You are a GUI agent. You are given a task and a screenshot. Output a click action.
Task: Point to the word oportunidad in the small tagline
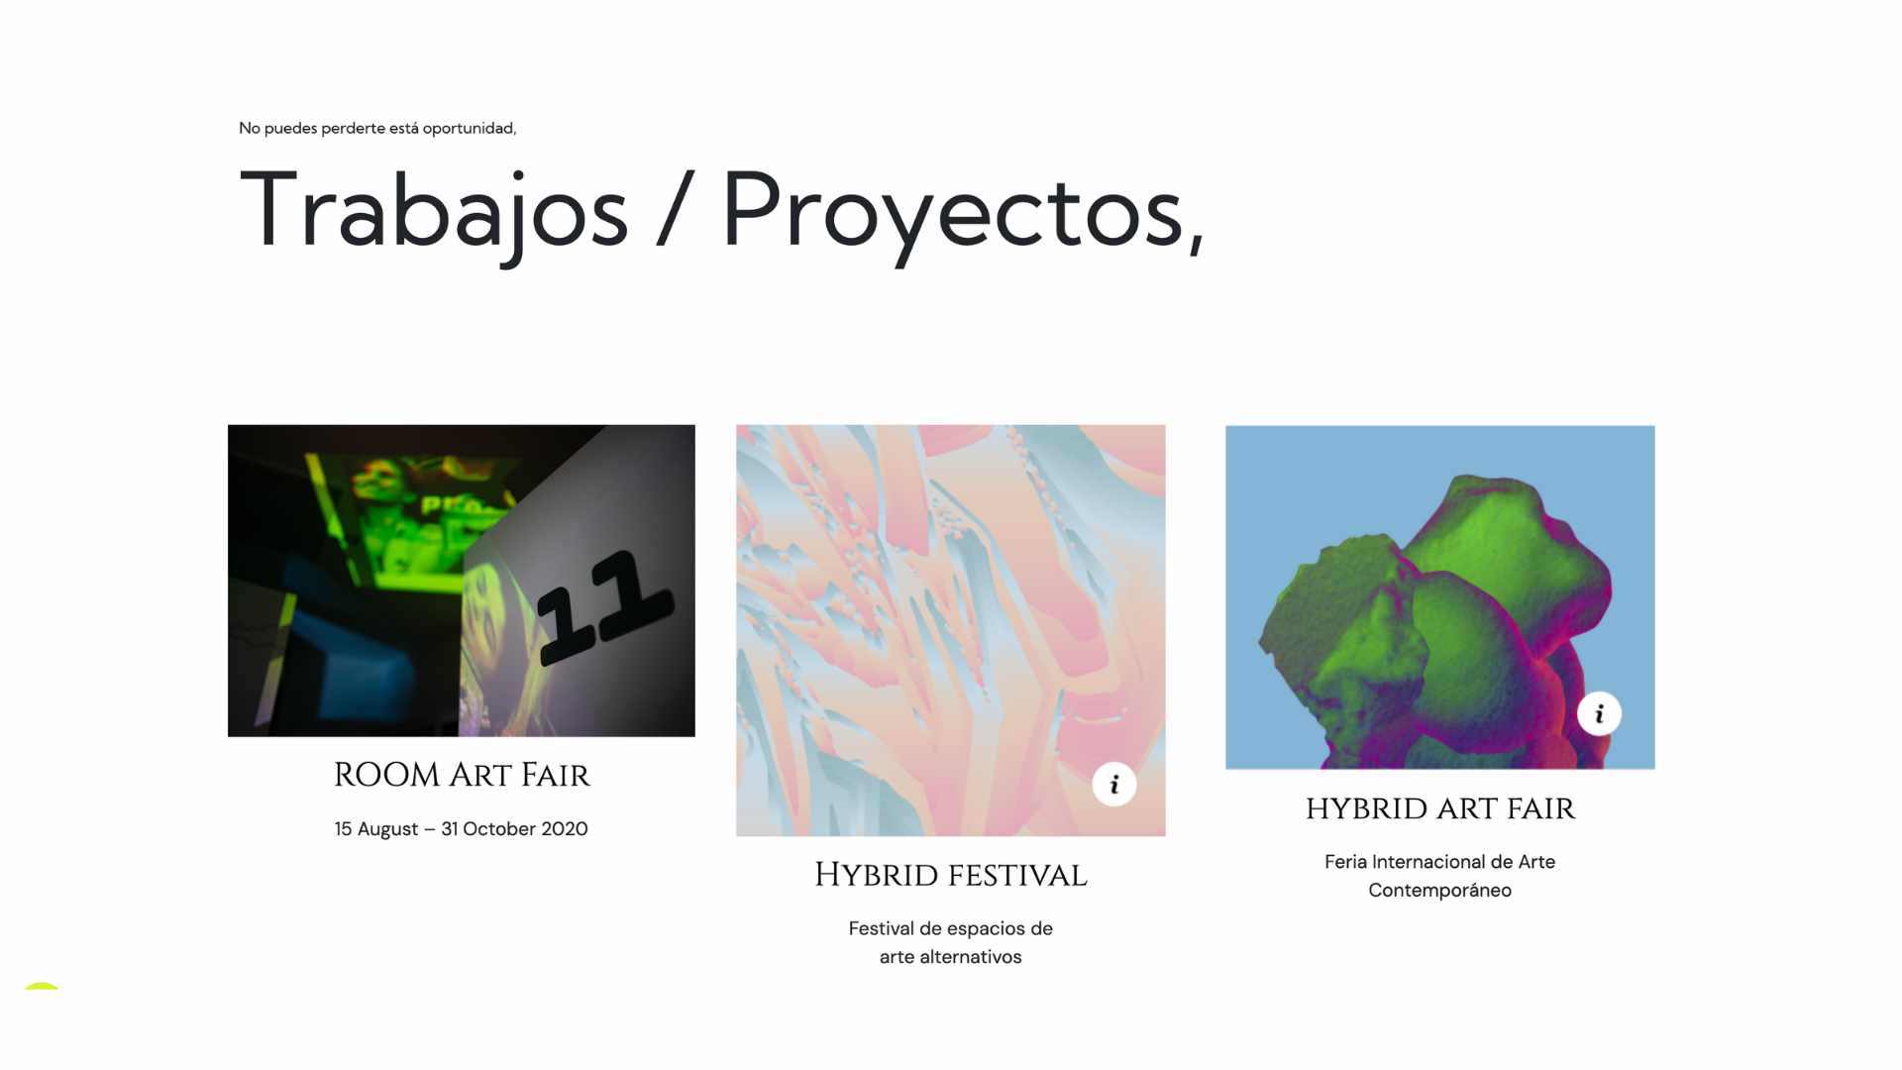point(469,129)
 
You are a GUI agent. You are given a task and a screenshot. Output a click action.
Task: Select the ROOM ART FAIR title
point(462,775)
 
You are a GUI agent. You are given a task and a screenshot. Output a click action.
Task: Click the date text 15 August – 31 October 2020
point(462,829)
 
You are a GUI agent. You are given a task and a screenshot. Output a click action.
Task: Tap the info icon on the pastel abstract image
point(1114,785)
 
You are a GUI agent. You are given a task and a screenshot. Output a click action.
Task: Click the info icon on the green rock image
point(1599,713)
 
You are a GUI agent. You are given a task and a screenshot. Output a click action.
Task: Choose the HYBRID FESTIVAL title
point(951,875)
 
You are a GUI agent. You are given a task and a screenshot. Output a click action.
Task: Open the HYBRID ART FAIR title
point(1440,808)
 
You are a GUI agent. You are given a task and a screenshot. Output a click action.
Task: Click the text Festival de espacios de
point(951,929)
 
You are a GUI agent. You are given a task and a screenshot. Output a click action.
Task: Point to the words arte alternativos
point(951,957)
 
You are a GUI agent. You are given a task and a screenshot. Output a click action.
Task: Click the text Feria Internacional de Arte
point(1440,862)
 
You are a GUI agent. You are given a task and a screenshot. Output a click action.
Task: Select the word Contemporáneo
point(1440,891)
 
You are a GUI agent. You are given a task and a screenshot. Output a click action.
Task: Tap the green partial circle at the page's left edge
point(42,985)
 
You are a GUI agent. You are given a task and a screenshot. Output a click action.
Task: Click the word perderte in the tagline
point(353,129)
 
